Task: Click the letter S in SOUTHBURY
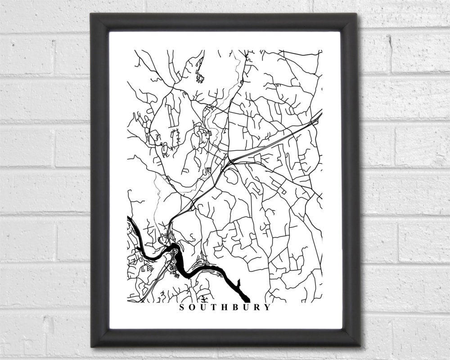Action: (x=182, y=308)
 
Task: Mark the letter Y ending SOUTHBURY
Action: (x=269, y=308)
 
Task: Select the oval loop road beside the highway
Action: (x=230, y=177)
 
